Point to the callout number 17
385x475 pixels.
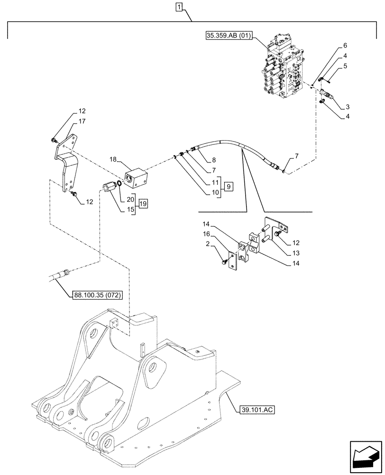pos(82,122)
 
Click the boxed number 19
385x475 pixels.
pos(143,204)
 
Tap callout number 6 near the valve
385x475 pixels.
pos(345,46)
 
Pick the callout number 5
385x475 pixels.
pos(345,66)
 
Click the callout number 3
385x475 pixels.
pos(348,107)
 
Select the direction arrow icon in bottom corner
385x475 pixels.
pos(365,457)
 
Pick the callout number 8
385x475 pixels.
pos(214,161)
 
